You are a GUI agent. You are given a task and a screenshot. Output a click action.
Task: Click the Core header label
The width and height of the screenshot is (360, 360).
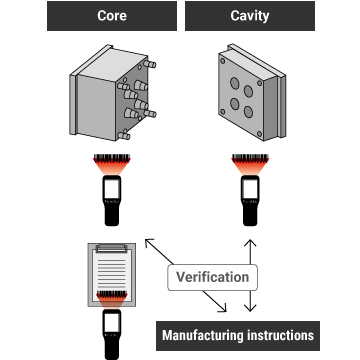112,16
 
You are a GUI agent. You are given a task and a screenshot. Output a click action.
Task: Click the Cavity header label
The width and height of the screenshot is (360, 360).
250,16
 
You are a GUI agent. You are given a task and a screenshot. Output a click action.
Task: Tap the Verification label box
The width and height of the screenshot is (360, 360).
212,277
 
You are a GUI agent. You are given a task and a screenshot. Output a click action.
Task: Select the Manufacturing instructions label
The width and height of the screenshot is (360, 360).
238,336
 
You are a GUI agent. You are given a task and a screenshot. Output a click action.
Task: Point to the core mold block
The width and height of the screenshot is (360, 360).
113,93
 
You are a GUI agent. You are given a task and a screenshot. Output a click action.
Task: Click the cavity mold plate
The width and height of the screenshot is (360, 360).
252,92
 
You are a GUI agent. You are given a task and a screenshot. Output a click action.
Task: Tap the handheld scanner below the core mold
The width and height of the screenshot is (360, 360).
112,201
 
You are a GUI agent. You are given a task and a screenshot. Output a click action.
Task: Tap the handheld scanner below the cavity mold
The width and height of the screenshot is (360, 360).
250,201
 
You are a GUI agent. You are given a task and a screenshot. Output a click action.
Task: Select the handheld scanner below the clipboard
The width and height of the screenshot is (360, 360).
112,334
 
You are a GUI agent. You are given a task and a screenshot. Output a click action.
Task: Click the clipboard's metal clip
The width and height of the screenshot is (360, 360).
111,249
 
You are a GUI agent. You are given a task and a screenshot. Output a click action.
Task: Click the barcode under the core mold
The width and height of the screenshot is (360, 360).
112,158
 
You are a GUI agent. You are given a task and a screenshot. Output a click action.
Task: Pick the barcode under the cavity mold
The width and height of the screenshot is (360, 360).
250,158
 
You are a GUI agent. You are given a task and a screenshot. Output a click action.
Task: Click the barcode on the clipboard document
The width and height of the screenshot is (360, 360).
112,295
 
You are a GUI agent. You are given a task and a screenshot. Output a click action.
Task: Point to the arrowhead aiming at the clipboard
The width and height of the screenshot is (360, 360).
149,242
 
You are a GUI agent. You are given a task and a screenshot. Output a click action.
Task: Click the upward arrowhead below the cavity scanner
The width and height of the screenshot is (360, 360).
250,242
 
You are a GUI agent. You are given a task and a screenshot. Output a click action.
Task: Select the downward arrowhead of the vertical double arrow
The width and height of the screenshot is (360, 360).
250,308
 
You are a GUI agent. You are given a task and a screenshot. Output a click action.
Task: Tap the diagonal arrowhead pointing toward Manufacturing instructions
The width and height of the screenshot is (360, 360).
223,309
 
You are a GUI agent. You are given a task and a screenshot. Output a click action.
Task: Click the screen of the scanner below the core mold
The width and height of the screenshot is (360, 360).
112,189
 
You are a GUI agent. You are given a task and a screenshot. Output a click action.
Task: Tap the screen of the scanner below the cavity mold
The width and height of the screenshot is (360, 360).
250,189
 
